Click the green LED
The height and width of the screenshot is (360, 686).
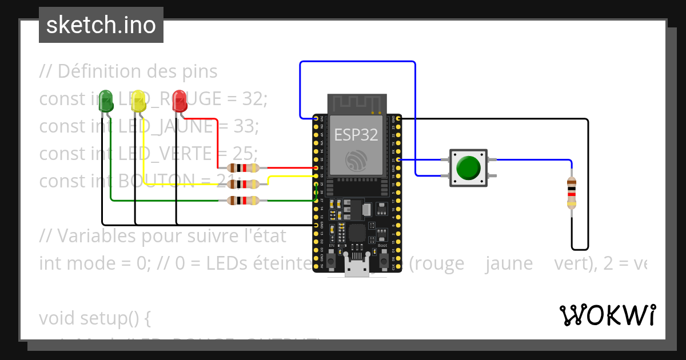point(106,101)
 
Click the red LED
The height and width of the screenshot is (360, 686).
point(180,101)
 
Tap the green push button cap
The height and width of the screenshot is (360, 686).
point(468,167)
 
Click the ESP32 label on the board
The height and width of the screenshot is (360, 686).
point(356,135)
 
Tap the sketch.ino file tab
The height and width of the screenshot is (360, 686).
point(101,25)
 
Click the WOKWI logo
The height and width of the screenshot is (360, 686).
point(607,315)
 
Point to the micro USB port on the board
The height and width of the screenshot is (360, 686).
point(357,269)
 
